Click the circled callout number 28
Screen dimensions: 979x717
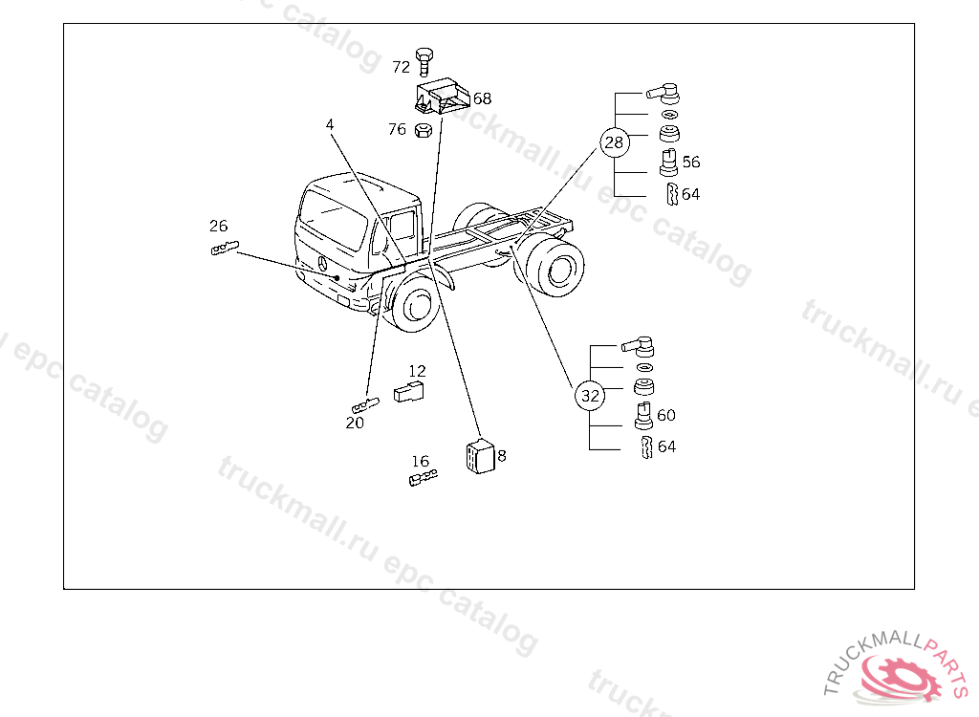tap(614, 142)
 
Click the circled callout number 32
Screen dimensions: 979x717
tap(590, 396)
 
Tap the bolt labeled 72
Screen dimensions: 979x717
tap(424, 61)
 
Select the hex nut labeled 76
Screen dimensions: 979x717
tap(424, 130)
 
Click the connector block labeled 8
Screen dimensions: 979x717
tap(480, 456)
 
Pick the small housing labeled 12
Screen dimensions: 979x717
tap(409, 392)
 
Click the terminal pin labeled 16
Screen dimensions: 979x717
tap(423, 478)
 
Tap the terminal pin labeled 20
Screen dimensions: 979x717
tap(365, 405)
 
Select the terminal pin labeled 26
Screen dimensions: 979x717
tap(225, 248)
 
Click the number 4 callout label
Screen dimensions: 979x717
tap(330, 124)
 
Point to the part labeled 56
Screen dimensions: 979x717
tap(668, 163)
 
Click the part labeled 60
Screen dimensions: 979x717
tap(643, 416)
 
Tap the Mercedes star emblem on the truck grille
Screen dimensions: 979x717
tap(323, 264)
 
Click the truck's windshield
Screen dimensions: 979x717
tap(334, 219)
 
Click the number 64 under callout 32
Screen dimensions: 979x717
tap(666, 446)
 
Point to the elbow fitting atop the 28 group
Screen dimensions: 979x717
tap(664, 93)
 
